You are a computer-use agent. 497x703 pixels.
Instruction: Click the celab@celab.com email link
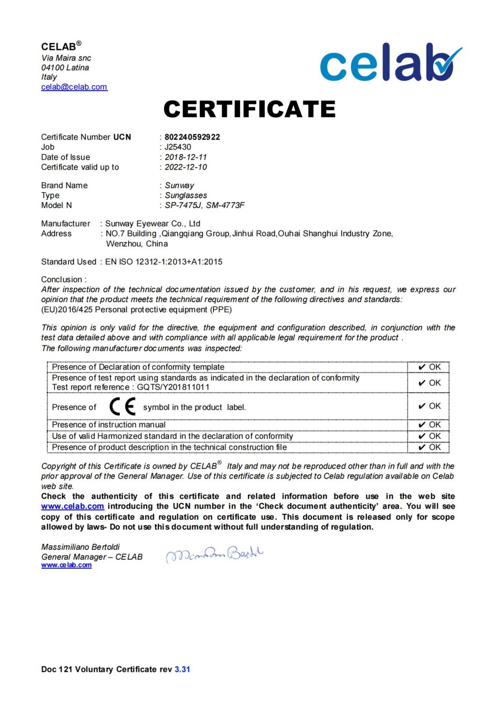tap(74, 87)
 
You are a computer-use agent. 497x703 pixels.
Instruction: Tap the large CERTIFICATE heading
tap(249, 109)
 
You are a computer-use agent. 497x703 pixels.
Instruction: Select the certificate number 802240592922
tap(192, 137)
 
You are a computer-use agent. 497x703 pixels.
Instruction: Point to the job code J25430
tap(178, 147)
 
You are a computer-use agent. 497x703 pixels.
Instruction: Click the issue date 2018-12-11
tap(186, 157)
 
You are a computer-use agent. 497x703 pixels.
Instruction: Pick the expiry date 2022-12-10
tap(186, 167)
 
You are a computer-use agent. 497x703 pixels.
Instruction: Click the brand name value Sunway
tap(179, 185)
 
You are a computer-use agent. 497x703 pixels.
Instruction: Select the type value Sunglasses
tap(186, 195)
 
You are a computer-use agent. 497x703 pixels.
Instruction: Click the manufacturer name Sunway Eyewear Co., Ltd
tap(153, 224)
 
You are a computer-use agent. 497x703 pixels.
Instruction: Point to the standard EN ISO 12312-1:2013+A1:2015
tap(164, 262)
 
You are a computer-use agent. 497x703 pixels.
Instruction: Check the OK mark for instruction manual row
tap(429, 425)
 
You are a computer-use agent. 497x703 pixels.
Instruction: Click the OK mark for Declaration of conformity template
tap(429, 367)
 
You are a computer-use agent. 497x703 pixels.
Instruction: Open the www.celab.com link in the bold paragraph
tap(73, 506)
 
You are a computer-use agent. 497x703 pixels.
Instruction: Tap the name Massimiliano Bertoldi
tap(81, 547)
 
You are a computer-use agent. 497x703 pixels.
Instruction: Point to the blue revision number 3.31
tap(182, 669)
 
